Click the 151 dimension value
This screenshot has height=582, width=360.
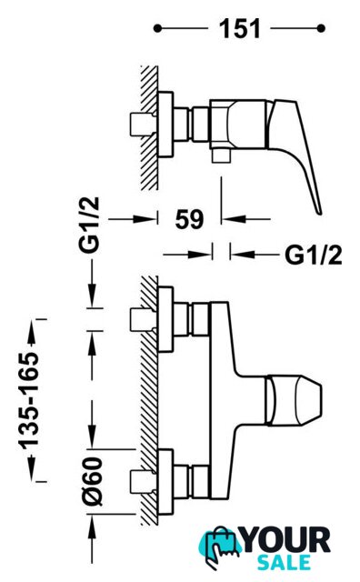[x=240, y=28]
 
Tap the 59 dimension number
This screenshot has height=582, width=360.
[x=190, y=219]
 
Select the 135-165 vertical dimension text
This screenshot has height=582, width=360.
[x=29, y=401]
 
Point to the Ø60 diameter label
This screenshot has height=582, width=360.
[x=93, y=481]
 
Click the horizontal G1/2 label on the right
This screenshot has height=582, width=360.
[x=314, y=255]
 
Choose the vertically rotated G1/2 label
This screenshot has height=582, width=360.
[x=89, y=225]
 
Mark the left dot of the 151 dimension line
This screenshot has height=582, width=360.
[x=158, y=28]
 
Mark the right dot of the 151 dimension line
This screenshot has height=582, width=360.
[x=321, y=28]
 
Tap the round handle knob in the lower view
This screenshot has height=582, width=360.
[x=294, y=400]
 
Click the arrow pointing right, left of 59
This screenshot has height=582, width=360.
[x=133, y=219]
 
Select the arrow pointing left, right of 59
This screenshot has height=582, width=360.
[x=245, y=219]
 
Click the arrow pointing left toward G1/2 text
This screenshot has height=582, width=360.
[x=255, y=255]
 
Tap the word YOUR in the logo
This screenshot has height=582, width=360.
[x=285, y=540]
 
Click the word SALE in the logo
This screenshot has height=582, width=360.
[x=284, y=562]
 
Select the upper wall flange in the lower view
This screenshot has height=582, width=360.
[x=165, y=319]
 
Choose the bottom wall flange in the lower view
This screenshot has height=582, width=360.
[x=165, y=482]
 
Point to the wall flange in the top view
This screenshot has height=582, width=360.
[x=165, y=124]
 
